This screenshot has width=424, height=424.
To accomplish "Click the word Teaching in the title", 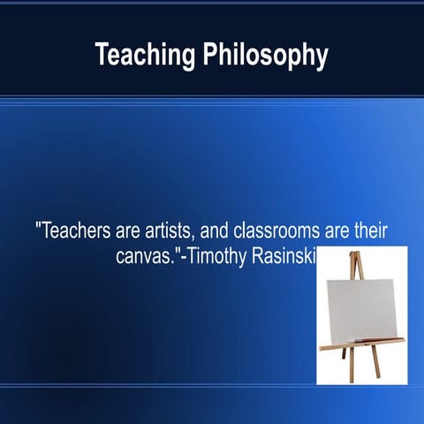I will tap(146, 55).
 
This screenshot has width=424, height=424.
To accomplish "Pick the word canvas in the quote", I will tap(146, 258).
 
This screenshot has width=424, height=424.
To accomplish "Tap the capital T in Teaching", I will tap(102, 55).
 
